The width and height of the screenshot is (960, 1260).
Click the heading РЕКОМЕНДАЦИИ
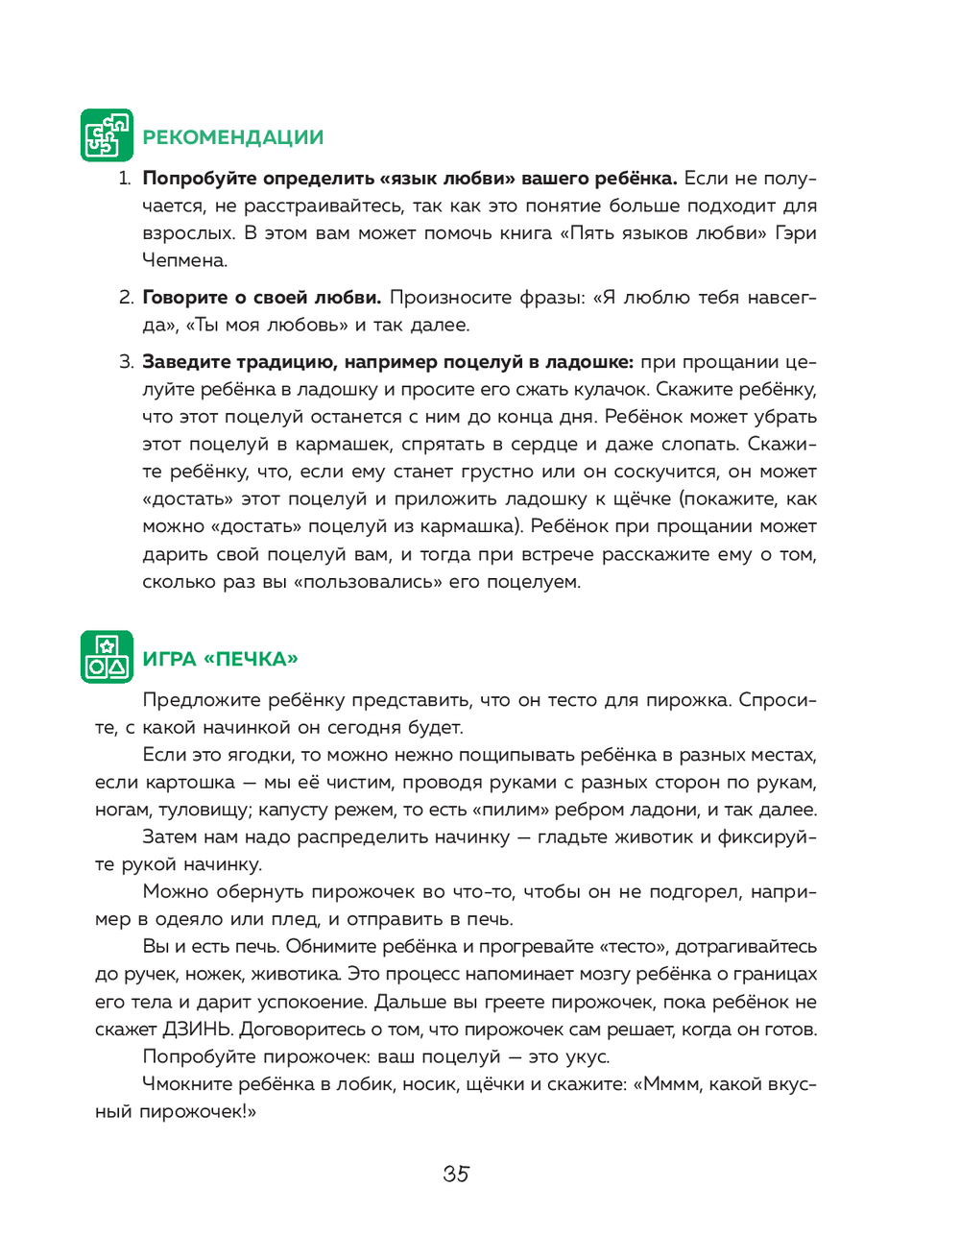click(x=233, y=137)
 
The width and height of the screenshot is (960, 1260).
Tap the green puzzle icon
click(x=107, y=135)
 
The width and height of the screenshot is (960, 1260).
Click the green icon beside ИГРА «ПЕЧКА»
click(x=107, y=657)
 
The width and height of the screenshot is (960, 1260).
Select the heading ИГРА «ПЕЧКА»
click(x=221, y=659)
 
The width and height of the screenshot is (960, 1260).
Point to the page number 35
click(x=456, y=1174)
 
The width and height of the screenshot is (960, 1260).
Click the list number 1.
click(x=124, y=179)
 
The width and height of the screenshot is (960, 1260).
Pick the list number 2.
click(x=126, y=298)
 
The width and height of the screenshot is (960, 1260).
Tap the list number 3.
click(x=126, y=362)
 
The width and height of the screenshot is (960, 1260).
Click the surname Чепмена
click(x=184, y=260)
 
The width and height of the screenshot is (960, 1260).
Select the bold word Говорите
click(x=185, y=298)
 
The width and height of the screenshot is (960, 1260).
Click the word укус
click(x=588, y=1057)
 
